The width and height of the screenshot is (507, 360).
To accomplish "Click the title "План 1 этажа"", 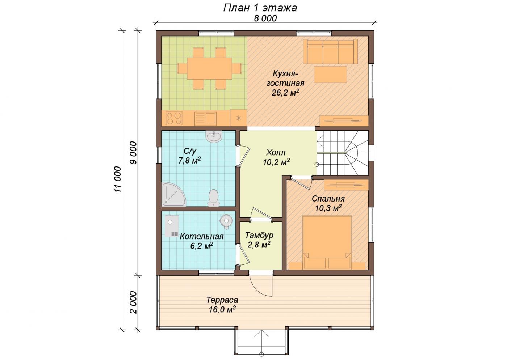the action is pyautogui.click(x=260, y=8).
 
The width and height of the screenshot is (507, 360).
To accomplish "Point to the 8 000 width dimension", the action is pyautogui.click(x=265, y=18).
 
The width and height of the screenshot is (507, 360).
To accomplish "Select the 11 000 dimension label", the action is pyautogui.click(x=118, y=179).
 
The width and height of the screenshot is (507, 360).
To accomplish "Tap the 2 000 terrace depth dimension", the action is pyautogui.click(x=134, y=302).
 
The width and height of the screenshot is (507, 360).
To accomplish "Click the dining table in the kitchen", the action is pyautogui.click(x=209, y=68).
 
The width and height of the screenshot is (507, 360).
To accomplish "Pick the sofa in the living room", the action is pyautogui.click(x=330, y=51).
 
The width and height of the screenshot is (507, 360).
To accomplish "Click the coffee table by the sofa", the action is pyautogui.click(x=330, y=75).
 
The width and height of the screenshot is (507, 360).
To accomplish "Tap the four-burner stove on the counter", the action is pyautogui.click(x=174, y=118).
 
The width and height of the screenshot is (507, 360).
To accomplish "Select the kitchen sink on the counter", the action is pyautogui.click(x=205, y=118).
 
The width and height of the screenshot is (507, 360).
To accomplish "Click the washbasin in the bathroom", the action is pyautogui.click(x=214, y=137).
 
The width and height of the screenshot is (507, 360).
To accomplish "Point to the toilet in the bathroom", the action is pyautogui.click(x=213, y=198).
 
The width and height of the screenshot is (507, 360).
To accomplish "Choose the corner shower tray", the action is pyautogui.click(x=173, y=195).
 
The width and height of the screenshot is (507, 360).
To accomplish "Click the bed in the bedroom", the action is pyautogui.click(x=327, y=242).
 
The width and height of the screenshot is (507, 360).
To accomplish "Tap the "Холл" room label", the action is pyautogui.click(x=276, y=152).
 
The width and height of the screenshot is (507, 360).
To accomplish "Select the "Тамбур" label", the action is pyautogui.click(x=259, y=235).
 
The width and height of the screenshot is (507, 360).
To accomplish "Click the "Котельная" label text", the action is pyautogui.click(x=201, y=237).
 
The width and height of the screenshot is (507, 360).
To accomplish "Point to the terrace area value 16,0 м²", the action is pyautogui.click(x=222, y=309).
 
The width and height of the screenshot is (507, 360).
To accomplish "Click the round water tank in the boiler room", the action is pyautogui.click(x=226, y=220).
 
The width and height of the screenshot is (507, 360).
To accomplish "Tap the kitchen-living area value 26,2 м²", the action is pyautogui.click(x=285, y=93).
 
